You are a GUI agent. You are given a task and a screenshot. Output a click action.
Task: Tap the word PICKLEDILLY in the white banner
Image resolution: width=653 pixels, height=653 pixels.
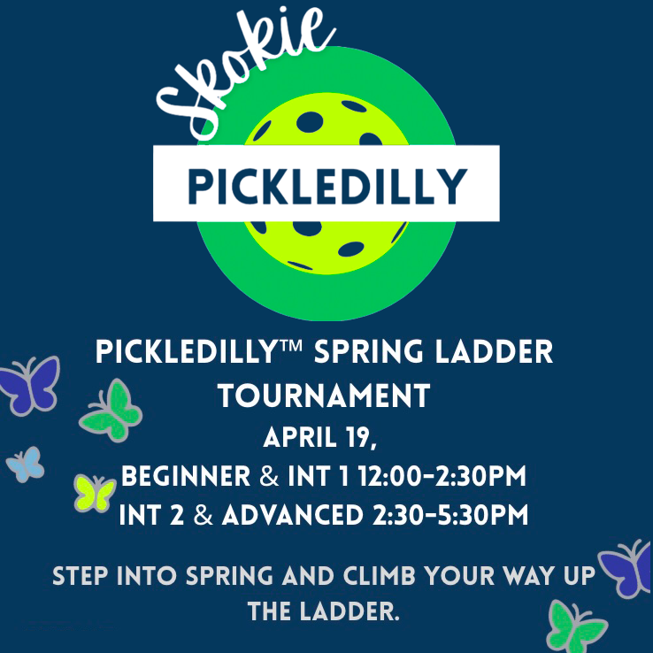pos(326,185)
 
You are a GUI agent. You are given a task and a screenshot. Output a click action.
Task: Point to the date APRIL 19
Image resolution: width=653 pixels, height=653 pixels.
pos(326,437)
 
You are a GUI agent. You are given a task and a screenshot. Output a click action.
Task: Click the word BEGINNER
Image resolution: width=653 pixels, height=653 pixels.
pos(185,477)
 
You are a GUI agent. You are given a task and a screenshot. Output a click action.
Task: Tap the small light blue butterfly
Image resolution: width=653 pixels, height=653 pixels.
pos(25,463)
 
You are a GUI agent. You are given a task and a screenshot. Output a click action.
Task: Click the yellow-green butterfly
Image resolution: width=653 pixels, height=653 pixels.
pos(94,491)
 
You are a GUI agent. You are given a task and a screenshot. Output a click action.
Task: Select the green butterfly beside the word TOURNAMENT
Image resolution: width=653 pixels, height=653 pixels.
pos(111,411)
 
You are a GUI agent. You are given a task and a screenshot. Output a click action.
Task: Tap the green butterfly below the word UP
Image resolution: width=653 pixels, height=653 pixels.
pos(576,626)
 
